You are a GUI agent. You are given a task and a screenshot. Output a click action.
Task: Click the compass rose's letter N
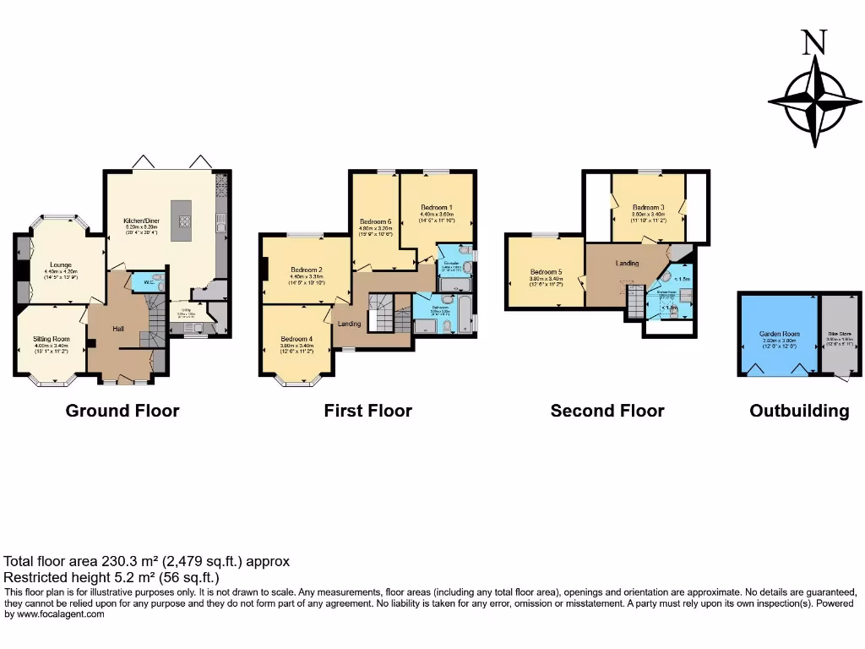(813, 42)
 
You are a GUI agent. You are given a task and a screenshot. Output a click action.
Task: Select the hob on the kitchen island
(182, 221)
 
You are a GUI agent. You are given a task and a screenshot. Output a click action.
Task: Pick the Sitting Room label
(52, 339)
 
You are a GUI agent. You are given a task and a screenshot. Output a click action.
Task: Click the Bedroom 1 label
(437, 207)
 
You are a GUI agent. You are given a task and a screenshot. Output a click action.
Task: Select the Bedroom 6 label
(376, 221)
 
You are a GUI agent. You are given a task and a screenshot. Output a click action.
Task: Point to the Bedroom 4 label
(296, 339)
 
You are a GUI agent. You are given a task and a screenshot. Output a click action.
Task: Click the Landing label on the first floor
(350, 324)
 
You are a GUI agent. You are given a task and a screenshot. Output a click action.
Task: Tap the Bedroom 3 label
(649, 207)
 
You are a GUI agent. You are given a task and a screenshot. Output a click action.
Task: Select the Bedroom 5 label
(546, 272)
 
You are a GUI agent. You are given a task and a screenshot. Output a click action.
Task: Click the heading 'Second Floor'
(607, 411)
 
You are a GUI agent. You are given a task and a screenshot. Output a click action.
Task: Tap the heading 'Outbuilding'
(799, 411)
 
